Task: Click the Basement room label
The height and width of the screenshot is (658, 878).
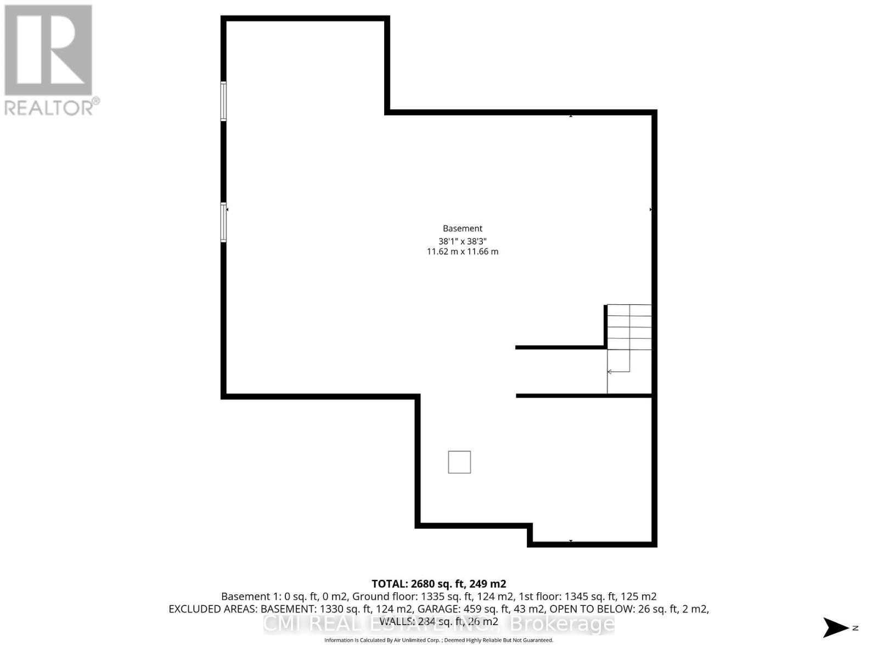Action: pyautogui.click(x=463, y=228)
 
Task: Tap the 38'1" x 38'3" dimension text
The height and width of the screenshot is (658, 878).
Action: pyautogui.click(x=463, y=241)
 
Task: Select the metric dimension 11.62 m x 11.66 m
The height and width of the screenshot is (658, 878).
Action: pyautogui.click(x=463, y=252)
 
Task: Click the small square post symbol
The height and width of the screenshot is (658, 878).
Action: pyautogui.click(x=459, y=462)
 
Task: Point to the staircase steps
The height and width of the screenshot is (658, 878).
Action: pyautogui.click(x=629, y=327)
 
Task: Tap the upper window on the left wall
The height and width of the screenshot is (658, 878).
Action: pyautogui.click(x=223, y=101)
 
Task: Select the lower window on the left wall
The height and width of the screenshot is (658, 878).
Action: pyautogui.click(x=223, y=222)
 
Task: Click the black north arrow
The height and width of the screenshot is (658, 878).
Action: pyautogui.click(x=835, y=627)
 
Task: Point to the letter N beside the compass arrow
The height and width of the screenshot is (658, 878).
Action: pyautogui.click(x=855, y=628)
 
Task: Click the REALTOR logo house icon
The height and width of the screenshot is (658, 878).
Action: pyautogui.click(x=48, y=50)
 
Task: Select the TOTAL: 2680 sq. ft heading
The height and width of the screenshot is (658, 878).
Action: pyautogui.click(x=438, y=584)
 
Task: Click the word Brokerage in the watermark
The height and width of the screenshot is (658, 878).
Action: pyautogui.click(x=562, y=624)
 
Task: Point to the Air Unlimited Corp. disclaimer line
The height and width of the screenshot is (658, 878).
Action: pyautogui.click(x=438, y=640)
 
